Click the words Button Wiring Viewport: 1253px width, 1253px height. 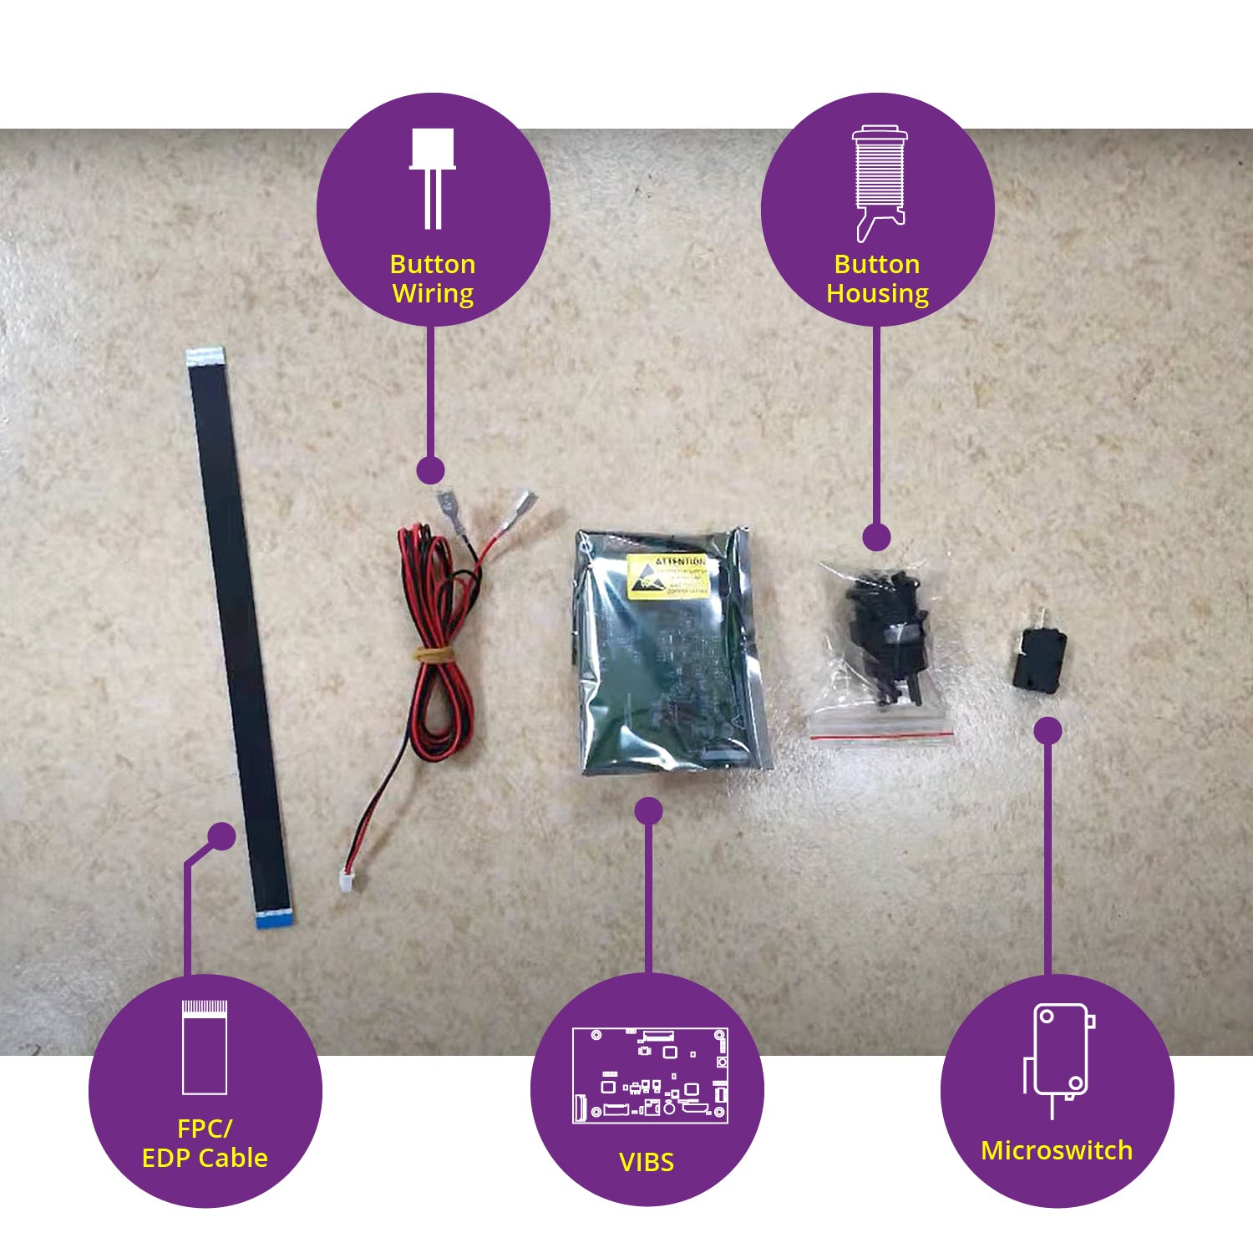pyautogui.click(x=433, y=279)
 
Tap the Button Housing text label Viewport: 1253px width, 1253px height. pyautogui.click(x=877, y=279)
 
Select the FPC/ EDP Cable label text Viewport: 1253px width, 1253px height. pyautogui.click(x=205, y=1144)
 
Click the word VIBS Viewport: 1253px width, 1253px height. pyautogui.click(x=647, y=1162)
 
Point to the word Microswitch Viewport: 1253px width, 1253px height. pyautogui.click(x=1057, y=1150)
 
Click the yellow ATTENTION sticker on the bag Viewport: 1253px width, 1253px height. pyautogui.click(x=668, y=576)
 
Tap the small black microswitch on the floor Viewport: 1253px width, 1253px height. pyautogui.click(x=1038, y=660)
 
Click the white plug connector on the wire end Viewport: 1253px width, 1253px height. pyautogui.click(x=346, y=880)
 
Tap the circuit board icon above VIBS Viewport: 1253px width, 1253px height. pyautogui.click(x=650, y=1075)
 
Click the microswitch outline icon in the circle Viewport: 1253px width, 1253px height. pyautogui.click(x=1058, y=1059)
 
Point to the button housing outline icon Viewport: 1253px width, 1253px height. pyautogui.click(x=879, y=182)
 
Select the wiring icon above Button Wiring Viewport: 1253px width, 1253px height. pyautogui.click(x=433, y=177)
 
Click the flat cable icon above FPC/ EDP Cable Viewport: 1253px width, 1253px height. pyautogui.click(x=205, y=1047)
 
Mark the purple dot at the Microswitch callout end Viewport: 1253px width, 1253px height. pyautogui.click(x=1048, y=731)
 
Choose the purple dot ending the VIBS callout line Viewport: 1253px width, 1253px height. pyautogui.click(x=648, y=810)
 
